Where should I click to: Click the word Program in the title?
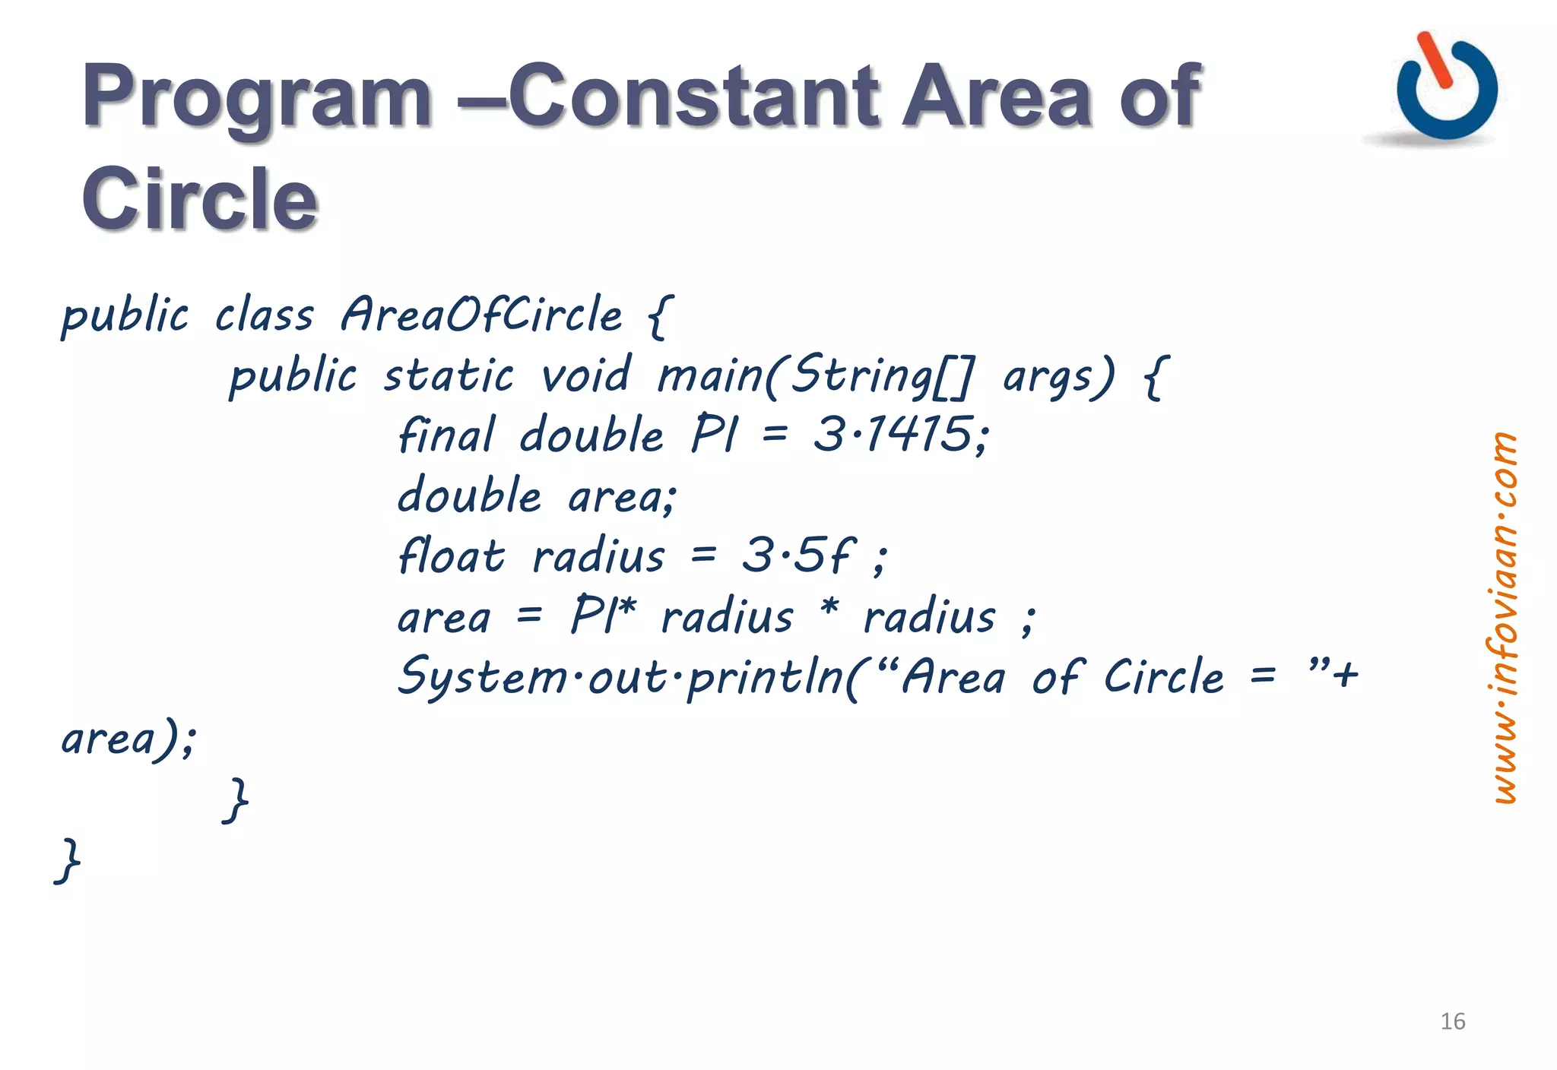[x=257, y=97]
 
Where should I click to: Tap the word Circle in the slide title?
[x=199, y=199]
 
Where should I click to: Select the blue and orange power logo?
[x=1445, y=87]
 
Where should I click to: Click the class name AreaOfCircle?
[x=481, y=315]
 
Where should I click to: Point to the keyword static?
[x=449, y=376]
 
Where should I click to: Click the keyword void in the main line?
[x=585, y=375]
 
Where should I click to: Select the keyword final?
[x=446, y=435]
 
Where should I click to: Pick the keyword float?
[x=451, y=556]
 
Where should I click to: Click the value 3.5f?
[x=798, y=555]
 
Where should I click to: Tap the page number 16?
[x=1452, y=1021]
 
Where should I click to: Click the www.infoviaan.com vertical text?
[x=1503, y=617]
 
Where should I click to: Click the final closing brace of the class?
[x=68, y=861]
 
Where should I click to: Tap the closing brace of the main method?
[x=236, y=800]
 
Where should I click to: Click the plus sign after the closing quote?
[x=1345, y=674]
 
